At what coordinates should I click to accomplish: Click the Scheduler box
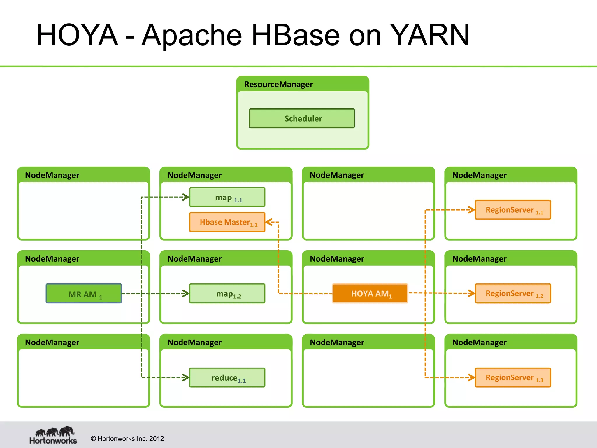[x=302, y=118]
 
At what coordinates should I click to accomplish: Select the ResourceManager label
[x=278, y=84]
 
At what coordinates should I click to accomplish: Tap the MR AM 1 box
[x=84, y=293]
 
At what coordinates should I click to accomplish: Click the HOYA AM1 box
[x=370, y=293]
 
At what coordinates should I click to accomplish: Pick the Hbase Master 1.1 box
[x=227, y=222]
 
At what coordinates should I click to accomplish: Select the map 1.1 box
[x=227, y=197]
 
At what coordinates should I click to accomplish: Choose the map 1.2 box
[x=227, y=293]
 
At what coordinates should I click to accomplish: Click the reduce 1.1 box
[x=227, y=377]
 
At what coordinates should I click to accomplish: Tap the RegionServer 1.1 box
[x=513, y=210]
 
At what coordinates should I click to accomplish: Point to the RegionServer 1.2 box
[x=513, y=293]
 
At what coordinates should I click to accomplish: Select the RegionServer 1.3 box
[x=513, y=377]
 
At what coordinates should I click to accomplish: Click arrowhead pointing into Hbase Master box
[x=269, y=222]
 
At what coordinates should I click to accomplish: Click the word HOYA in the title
[x=77, y=35]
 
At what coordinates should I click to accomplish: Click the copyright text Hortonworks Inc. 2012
[x=127, y=439]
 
